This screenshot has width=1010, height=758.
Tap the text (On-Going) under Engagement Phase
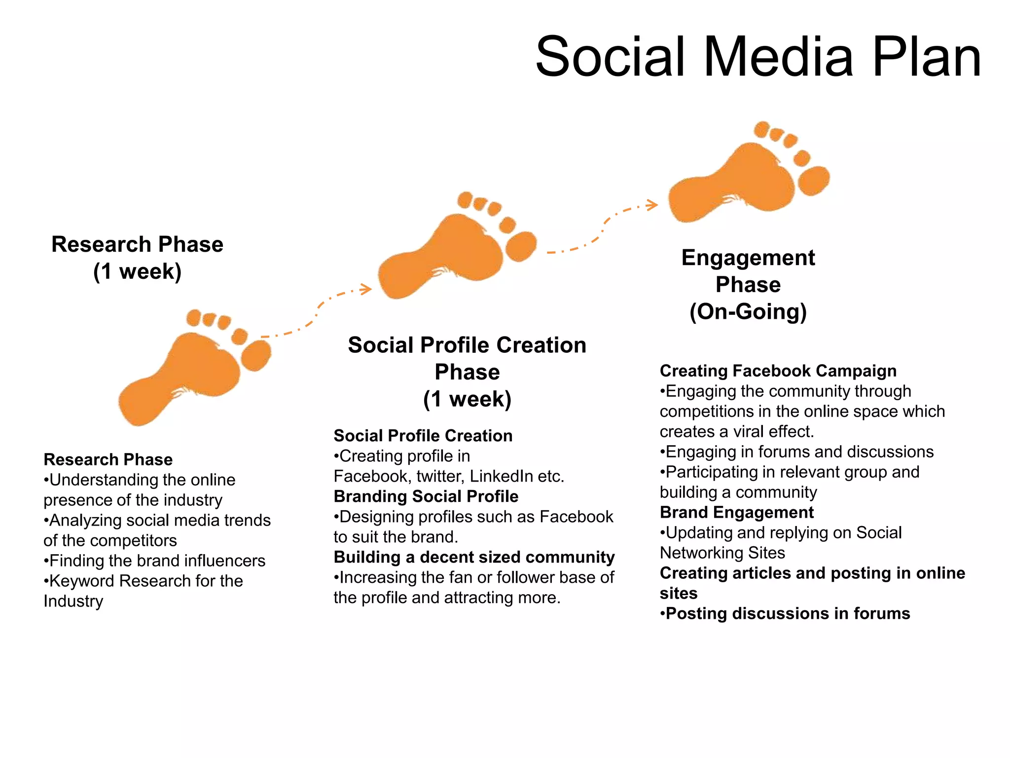pos(748,312)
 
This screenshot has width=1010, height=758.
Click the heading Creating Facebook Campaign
pos(778,371)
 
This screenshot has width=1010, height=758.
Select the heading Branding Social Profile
pos(426,496)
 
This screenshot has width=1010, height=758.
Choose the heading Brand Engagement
pos(736,512)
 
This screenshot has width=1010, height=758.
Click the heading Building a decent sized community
pos(474,557)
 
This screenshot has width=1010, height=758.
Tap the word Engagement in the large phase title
pos(748,258)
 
